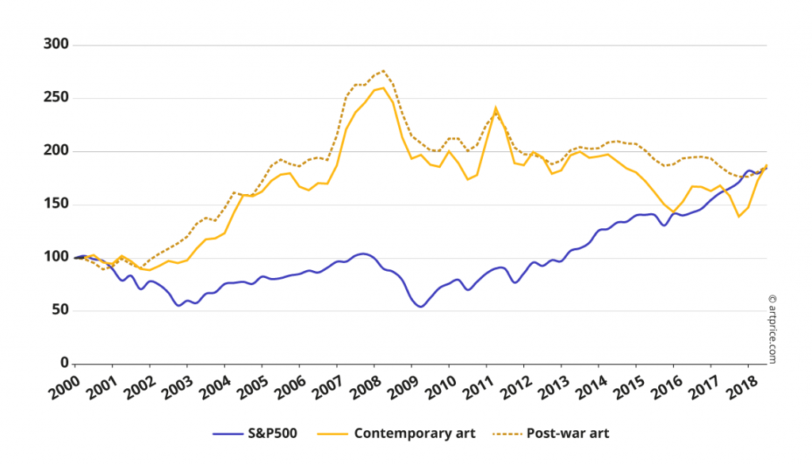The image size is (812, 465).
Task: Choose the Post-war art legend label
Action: tap(567, 433)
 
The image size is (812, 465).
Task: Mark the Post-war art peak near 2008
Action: tap(383, 71)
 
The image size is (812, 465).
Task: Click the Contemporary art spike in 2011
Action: tap(496, 109)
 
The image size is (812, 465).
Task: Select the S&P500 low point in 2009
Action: tap(420, 306)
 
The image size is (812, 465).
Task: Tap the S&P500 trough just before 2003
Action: tap(178, 305)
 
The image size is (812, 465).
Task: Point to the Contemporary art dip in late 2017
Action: tap(739, 216)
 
